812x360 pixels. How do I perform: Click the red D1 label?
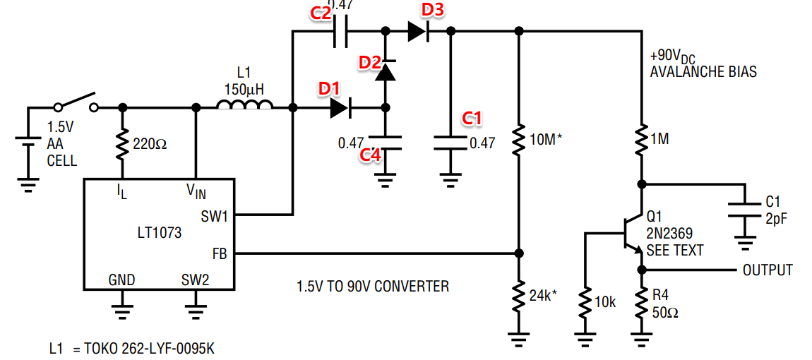(328, 89)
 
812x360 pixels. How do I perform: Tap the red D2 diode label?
(369, 62)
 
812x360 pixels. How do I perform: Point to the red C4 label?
(371, 155)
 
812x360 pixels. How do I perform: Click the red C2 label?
(320, 13)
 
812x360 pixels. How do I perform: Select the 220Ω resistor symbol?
(122, 143)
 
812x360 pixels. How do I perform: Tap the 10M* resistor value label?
(547, 139)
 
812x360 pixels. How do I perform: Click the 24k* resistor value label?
(542, 294)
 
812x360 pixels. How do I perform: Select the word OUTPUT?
(767, 270)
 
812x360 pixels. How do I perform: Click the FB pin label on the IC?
(220, 253)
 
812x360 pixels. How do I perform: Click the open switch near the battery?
(76, 102)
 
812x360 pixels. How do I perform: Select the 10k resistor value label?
(605, 302)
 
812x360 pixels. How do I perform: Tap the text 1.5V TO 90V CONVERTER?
(373, 287)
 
